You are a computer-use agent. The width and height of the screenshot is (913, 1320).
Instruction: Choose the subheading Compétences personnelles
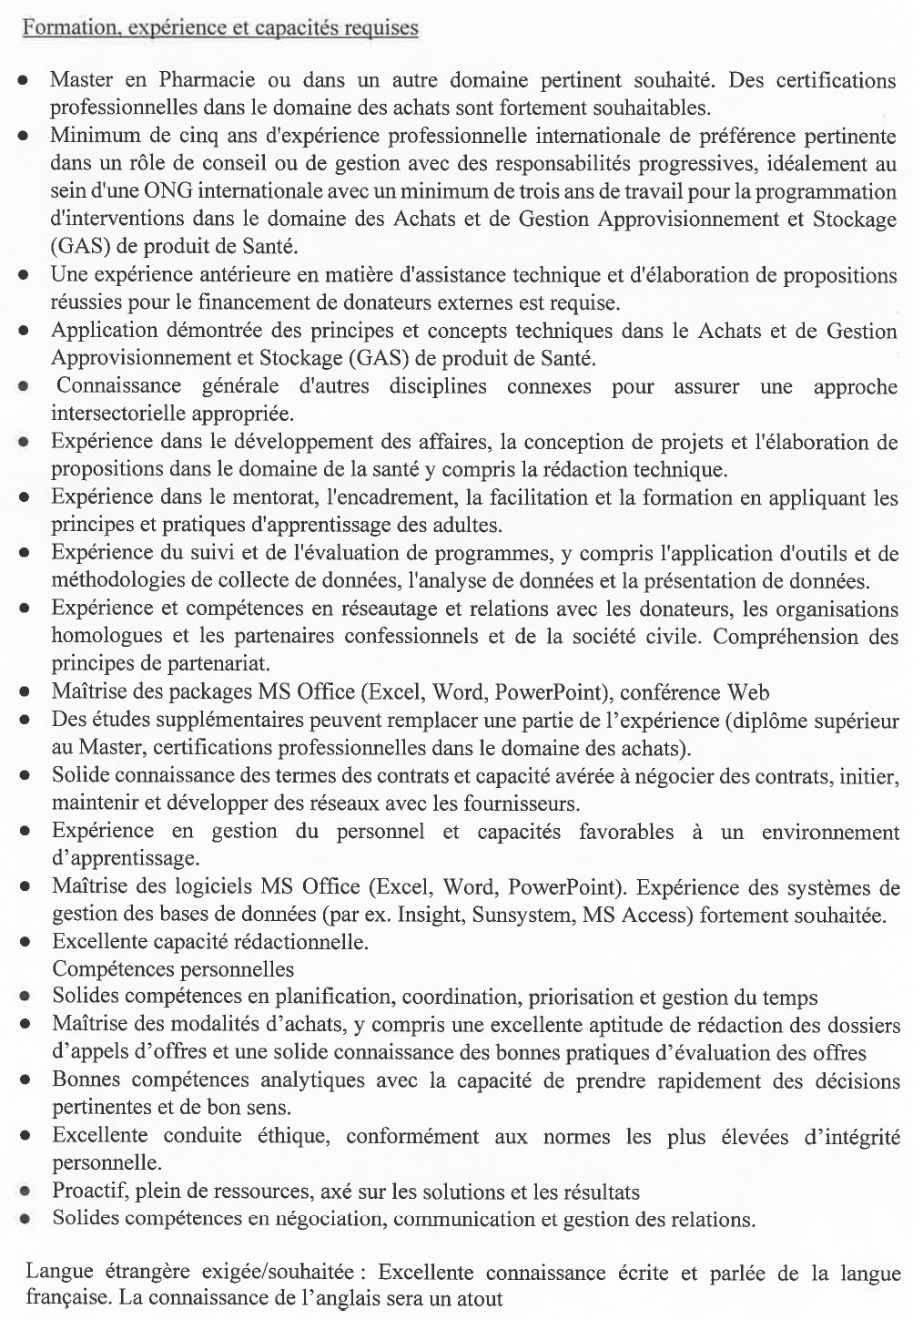pyautogui.click(x=172, y=967)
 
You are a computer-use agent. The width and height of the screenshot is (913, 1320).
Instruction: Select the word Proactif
pyautogui.click(x=90, y=1191)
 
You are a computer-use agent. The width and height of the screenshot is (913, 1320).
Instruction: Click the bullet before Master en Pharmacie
pyautogui.click(x=25, y=80)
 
